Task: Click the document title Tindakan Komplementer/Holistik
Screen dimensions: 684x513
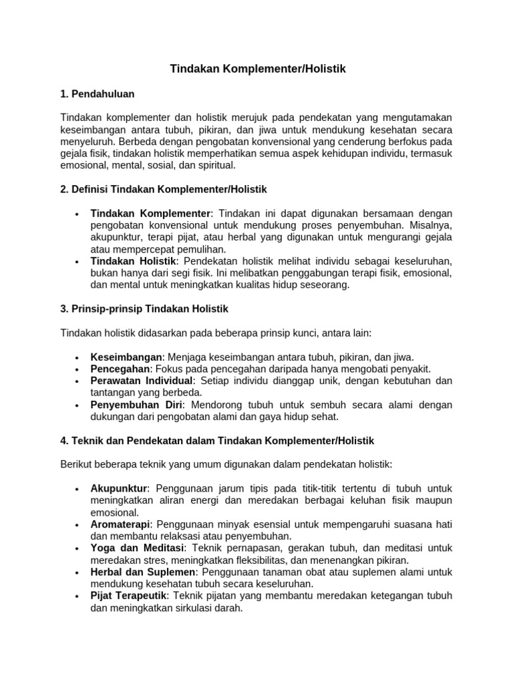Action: (258, 69)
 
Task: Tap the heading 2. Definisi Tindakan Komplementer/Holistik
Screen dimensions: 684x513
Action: (163, 190)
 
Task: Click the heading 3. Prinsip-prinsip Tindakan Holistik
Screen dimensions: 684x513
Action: (144, 309)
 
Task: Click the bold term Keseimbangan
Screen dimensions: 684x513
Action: (126, 357)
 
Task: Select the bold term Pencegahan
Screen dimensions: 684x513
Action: (122, 369)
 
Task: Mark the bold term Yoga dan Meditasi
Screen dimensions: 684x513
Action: (131, 548)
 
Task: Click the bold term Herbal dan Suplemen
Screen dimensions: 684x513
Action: (143, 572)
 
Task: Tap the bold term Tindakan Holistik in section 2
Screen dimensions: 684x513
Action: (134, 261)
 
